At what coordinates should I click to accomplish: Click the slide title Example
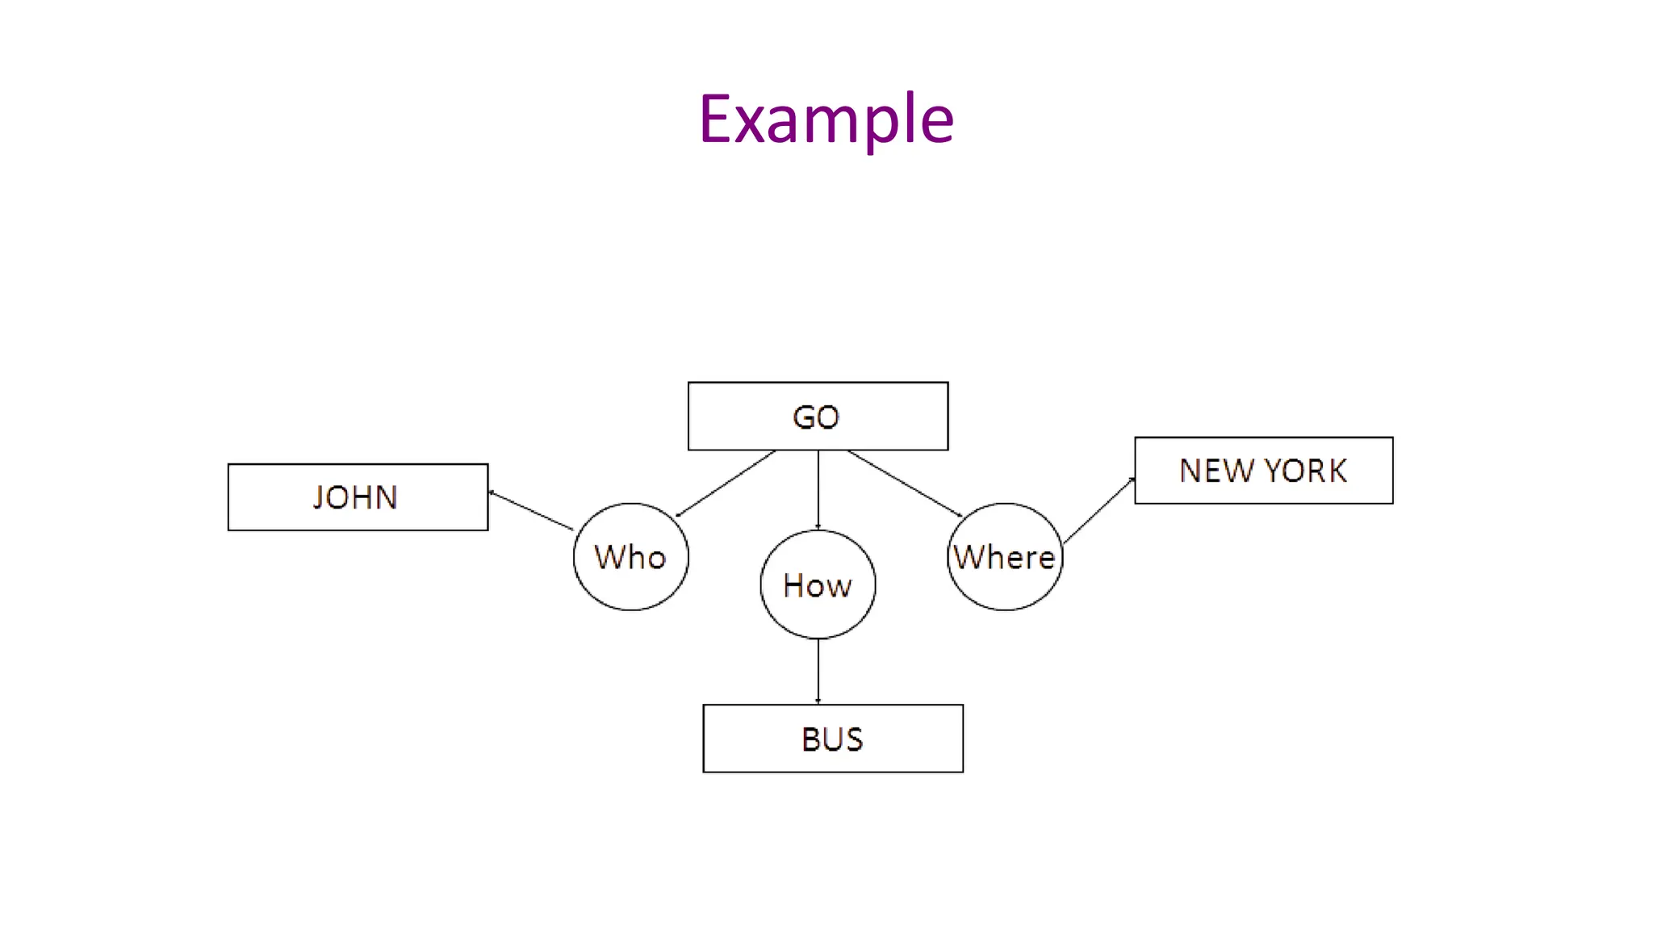tap(826, 119)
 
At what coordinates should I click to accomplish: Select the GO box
tap(818, 417)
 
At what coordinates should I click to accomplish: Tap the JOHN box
tap(358, 497)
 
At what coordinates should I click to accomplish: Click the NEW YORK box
tap(1263, 471)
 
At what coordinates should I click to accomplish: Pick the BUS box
tap(832, 739)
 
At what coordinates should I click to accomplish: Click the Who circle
tap(630, 557)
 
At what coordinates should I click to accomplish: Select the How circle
tap(818, 584)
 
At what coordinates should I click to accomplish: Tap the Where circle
tap(1004, 557)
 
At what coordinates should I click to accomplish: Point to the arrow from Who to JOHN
tap(530, 510)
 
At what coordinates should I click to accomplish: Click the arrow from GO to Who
tap(726, 484)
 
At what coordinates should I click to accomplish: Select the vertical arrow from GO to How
tap(818, 489)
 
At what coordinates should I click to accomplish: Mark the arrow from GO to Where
tap(905, 484)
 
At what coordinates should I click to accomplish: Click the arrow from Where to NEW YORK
tap(1099, 510)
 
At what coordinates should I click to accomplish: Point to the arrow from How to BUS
tap(818, 671)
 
